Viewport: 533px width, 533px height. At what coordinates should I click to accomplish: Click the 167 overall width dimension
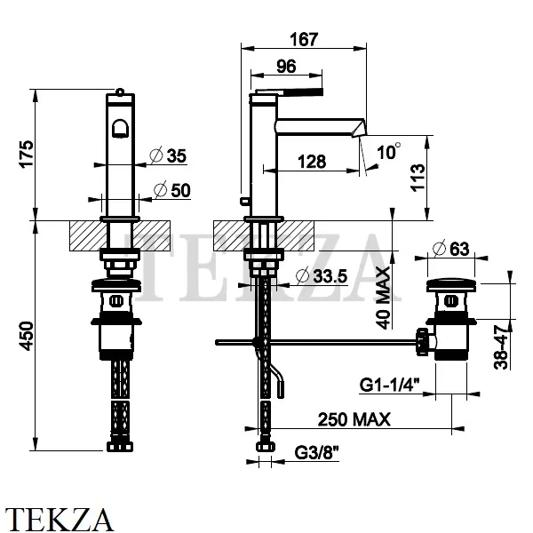(304, 39)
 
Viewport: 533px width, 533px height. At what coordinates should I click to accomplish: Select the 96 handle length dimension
(286, 67)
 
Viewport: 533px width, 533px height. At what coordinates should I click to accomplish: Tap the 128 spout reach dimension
(312, 162)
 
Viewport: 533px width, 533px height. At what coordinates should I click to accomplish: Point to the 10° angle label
(388, 151)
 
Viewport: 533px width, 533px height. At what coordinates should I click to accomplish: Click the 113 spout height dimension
(418, 178)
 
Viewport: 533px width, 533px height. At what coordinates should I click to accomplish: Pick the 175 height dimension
(27, 154)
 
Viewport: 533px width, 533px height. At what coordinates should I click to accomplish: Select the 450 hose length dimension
(27, 336)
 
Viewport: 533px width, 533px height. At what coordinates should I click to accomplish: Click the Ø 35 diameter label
(168, 155)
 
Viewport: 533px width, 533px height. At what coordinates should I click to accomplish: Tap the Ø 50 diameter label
(171, 190)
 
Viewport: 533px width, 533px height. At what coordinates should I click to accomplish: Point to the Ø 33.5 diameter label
(322, 276)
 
